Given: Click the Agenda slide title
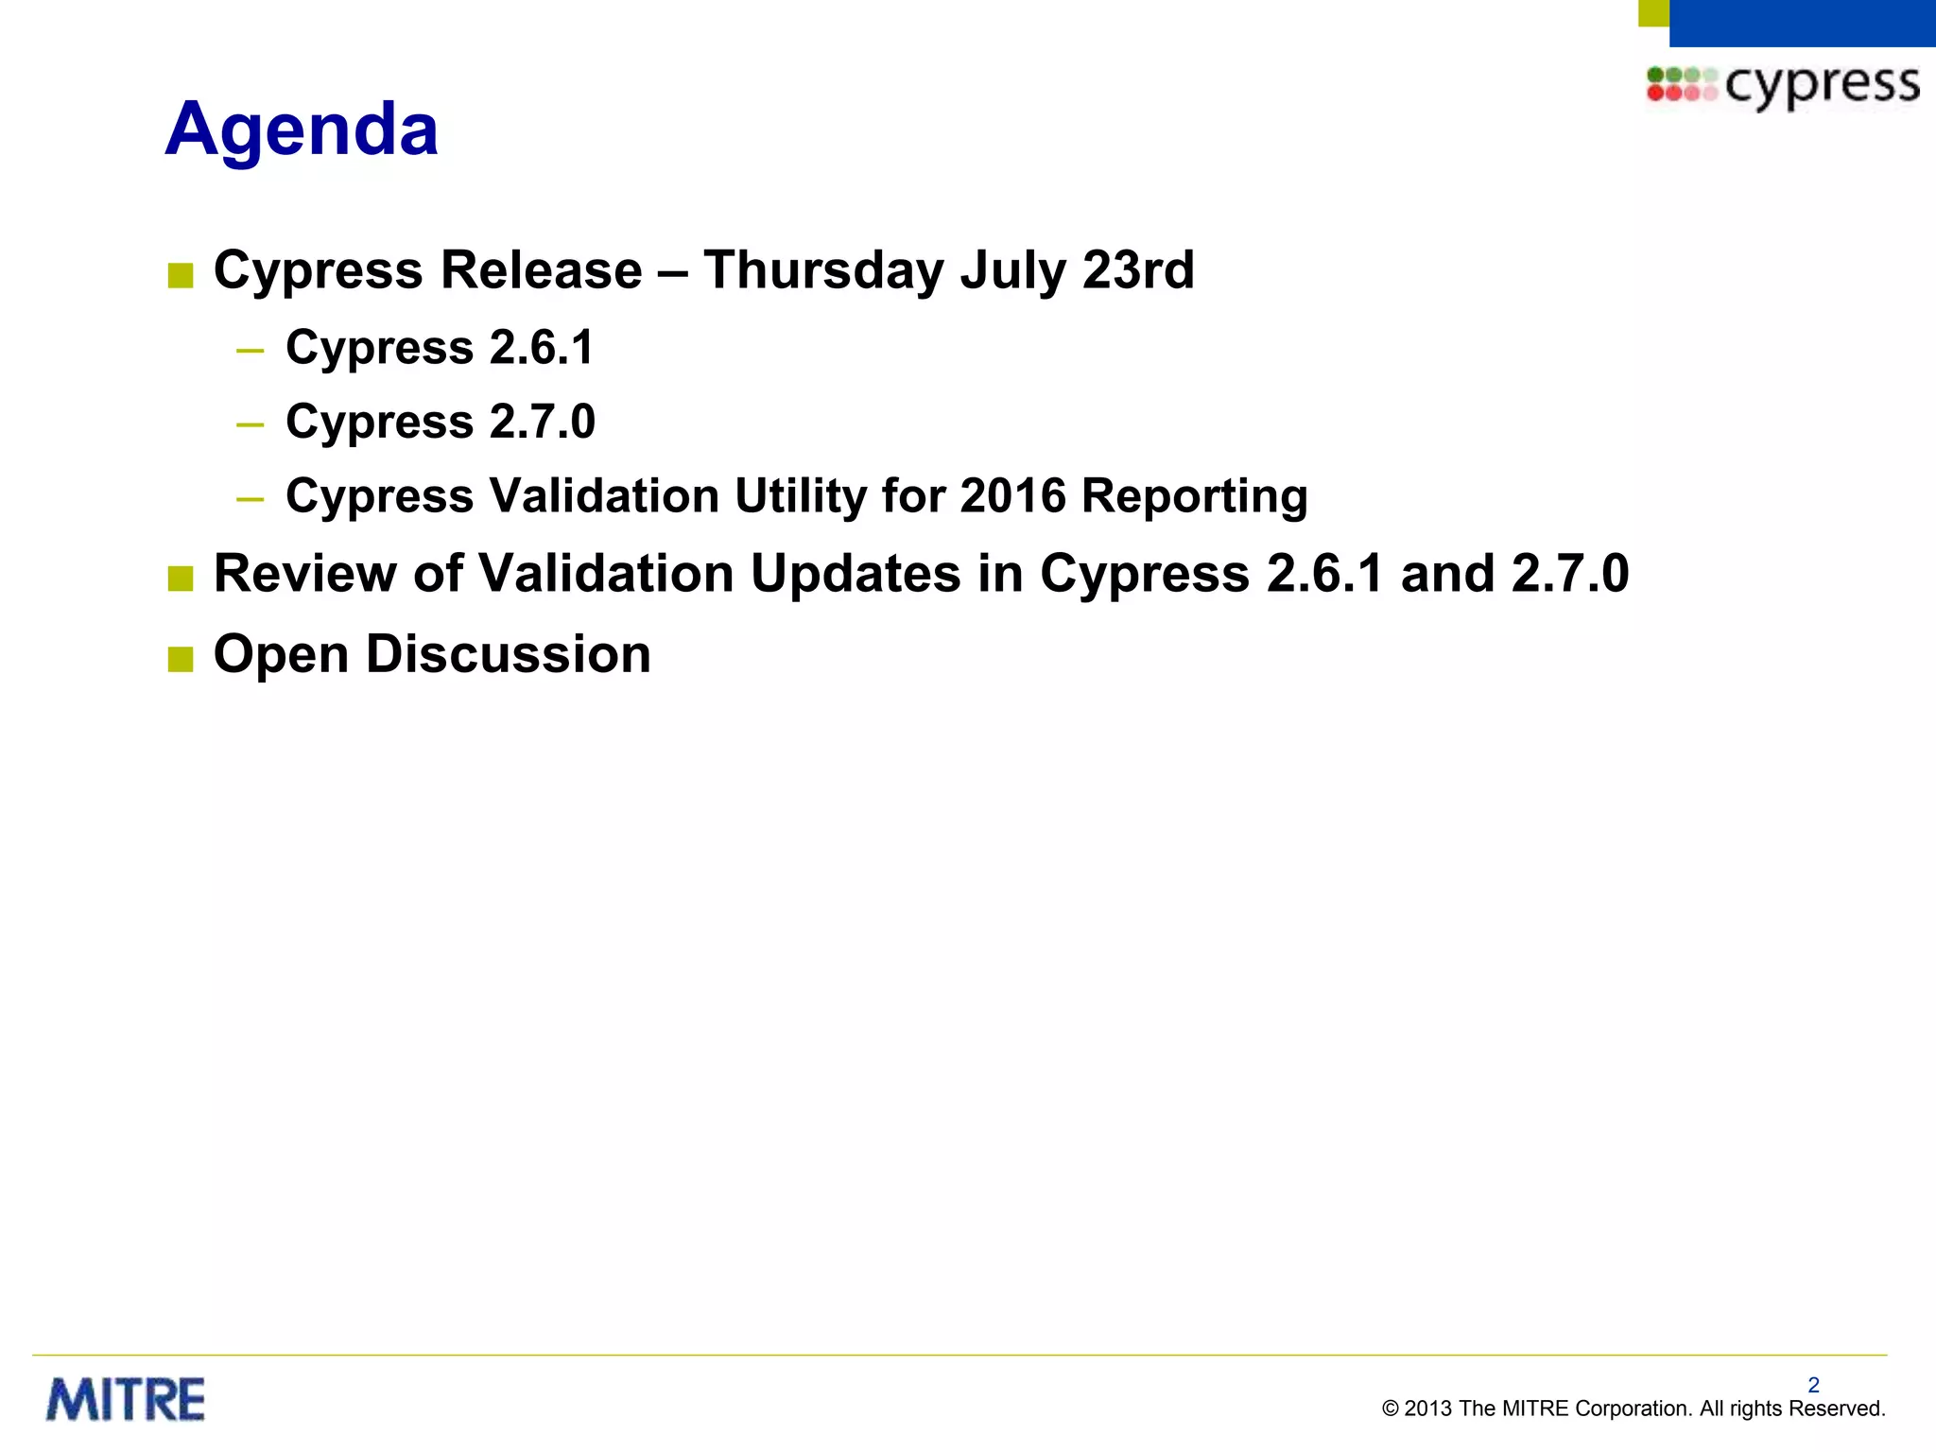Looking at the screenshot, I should click(302, 130).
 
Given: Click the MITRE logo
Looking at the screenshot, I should click(126, 1400).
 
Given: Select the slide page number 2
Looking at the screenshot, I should click(1813, 1385).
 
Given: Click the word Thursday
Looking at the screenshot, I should click(823, 270).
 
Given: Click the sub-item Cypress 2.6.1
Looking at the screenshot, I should click(440, 347).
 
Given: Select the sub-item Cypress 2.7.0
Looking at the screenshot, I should click(440, 421).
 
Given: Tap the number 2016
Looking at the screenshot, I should click(1012, 495).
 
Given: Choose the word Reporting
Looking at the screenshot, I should click(1195, 497).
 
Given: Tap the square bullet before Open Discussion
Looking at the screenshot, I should click(180, 659).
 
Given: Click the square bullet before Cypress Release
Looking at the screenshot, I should click(180, 275).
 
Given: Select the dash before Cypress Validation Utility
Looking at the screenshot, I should click(251, 498).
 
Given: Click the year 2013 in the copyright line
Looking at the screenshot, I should click(1427, 1409).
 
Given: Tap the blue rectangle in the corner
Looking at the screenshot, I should click(1801, 22).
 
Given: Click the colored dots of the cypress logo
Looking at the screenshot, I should click(1680, 83).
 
